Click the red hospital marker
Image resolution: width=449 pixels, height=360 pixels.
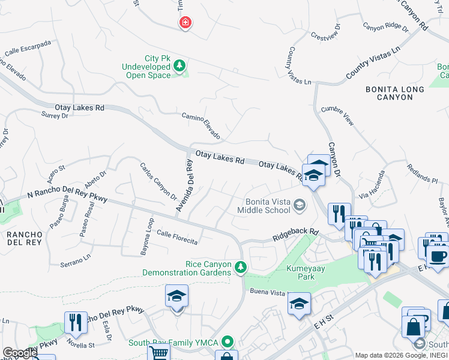(185, 23)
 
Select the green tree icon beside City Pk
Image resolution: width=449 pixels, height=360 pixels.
(179, 67)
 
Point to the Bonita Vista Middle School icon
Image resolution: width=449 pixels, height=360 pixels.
(299, 206)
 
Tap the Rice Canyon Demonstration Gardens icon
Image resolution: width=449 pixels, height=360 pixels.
(240, 266)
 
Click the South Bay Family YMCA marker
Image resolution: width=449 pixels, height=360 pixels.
(227, 343)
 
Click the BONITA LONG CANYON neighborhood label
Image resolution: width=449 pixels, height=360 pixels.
(394, 93)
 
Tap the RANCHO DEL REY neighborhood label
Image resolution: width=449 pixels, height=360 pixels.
(23, 238)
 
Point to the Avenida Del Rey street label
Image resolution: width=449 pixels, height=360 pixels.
(184, 185)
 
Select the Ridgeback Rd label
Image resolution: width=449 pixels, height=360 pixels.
(295, 233)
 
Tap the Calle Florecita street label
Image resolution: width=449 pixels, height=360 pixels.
(177, 237)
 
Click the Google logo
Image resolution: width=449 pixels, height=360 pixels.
(19, 353)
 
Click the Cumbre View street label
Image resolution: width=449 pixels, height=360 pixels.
(337, 116)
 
